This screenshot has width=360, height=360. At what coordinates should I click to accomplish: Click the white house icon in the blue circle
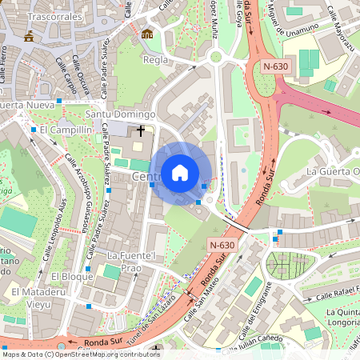[180, 172]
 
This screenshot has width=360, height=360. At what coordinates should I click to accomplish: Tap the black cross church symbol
[142, 130]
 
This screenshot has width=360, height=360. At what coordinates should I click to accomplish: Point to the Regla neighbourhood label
[155, 60]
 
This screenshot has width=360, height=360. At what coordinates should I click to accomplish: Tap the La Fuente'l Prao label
[130, 261]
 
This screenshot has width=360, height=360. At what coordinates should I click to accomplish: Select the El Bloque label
[67, 276]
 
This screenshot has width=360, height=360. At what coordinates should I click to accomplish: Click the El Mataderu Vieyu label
[32, 298]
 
